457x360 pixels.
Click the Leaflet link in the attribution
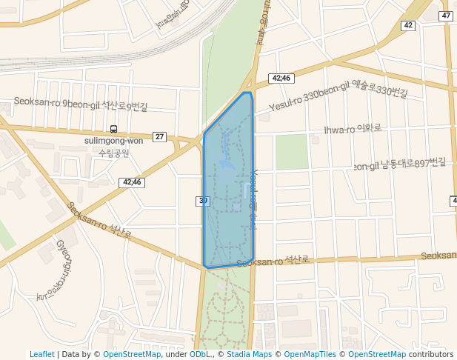click(41, 355)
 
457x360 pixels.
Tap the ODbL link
click(199, 355)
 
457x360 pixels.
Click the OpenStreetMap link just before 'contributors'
click(377, 355)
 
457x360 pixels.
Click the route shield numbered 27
click(160, 136)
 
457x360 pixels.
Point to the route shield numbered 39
click(203, 201)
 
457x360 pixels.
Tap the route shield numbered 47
click(446, 16)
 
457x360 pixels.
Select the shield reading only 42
click(408, 25)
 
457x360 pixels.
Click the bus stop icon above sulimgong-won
click(113, 129)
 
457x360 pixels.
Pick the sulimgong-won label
click(113, 141)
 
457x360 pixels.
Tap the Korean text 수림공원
click(113, 153)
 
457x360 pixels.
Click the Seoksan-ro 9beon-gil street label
click(81, 104)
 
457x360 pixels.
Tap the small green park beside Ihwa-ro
click(291, 152)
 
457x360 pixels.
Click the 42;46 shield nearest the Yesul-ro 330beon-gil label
click(281, 78)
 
